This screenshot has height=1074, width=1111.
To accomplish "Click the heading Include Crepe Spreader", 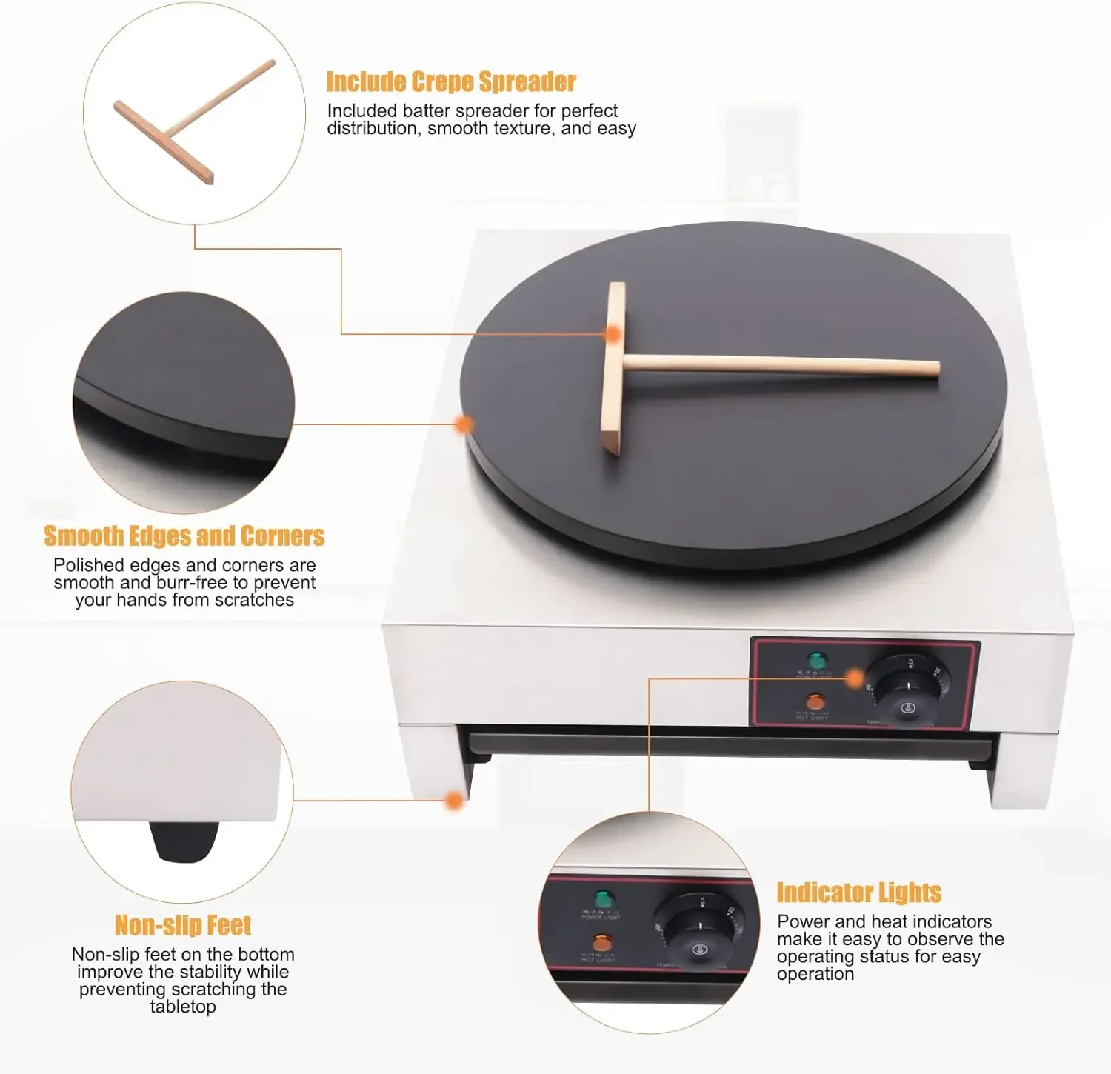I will [x=451, y=81].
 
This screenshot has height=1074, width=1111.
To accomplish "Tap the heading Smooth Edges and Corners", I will [x=184, y=536].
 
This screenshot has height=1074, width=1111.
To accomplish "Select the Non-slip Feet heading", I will [x=183, y=925].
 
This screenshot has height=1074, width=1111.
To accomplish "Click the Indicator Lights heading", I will [x=858, y=893].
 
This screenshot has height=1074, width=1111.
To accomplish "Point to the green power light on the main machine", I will [x=817, y=660].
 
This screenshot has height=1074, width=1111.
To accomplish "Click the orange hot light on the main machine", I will [x=815, y=701].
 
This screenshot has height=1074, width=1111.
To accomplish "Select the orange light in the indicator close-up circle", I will [x=602, y=944].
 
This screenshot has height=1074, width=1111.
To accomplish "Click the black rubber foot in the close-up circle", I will [x=184, y=842].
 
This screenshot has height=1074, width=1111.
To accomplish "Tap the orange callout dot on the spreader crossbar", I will [x=613, y=334].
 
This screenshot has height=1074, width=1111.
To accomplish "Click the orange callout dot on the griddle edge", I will [x=464, y=424].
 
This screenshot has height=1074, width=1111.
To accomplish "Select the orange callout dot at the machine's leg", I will [x=455, y=800].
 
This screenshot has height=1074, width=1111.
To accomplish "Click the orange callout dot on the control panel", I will [x=855, y=678].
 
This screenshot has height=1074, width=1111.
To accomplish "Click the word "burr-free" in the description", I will [x=192, y=582].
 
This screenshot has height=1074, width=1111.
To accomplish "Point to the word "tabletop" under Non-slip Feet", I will [x=183, y=1007].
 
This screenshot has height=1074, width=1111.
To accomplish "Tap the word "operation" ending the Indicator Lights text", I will [x=815, y=974].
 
